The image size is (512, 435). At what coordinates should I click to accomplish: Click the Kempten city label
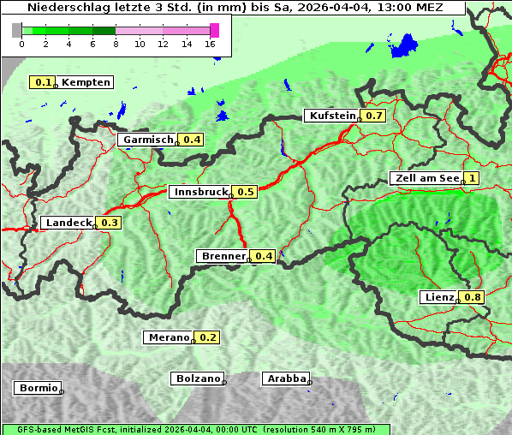(x=86, y=82)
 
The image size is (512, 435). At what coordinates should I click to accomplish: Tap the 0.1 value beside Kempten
(x=41, y=82)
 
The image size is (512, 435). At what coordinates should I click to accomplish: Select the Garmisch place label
(x=147, y=140)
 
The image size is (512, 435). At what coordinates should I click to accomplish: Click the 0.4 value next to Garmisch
(x=192, y=140)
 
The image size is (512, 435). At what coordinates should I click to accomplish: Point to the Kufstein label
(x=331, y=116)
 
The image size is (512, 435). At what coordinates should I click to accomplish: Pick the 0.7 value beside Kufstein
(x=374, y=116)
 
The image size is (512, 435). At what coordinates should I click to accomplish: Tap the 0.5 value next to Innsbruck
(x=246, y=192)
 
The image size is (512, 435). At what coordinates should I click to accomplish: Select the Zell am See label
(x=426, y=178)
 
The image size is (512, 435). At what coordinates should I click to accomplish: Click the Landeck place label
(x=68, y=223)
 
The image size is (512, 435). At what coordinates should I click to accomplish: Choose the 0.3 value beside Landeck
(x=110, y=223)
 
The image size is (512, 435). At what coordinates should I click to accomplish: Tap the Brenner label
(x=223, y=256)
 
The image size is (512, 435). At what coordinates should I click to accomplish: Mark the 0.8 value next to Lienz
(x=473, y=297)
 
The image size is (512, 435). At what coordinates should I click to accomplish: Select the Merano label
(x=167, y=337)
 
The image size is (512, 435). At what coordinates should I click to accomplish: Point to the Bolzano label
(x=198, y=378)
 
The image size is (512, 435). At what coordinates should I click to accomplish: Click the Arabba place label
(x=286, y=378)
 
